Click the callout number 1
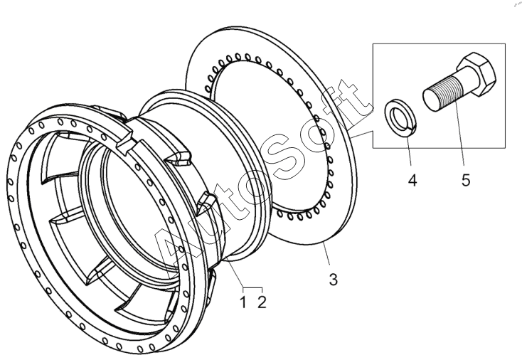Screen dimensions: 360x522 pyautogui.click(x=243, y=303)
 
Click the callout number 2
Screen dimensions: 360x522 pyautogui.click(x=262, y=303)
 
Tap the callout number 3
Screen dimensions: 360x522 pyautogui.click(x=333, y=280)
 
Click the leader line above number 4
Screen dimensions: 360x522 pyautogui.click(x=408, y=149)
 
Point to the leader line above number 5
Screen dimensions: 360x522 pyautogui.click(x=459, y=142)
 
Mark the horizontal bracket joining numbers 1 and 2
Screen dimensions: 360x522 pyautogui.click(x=252, y=287)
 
